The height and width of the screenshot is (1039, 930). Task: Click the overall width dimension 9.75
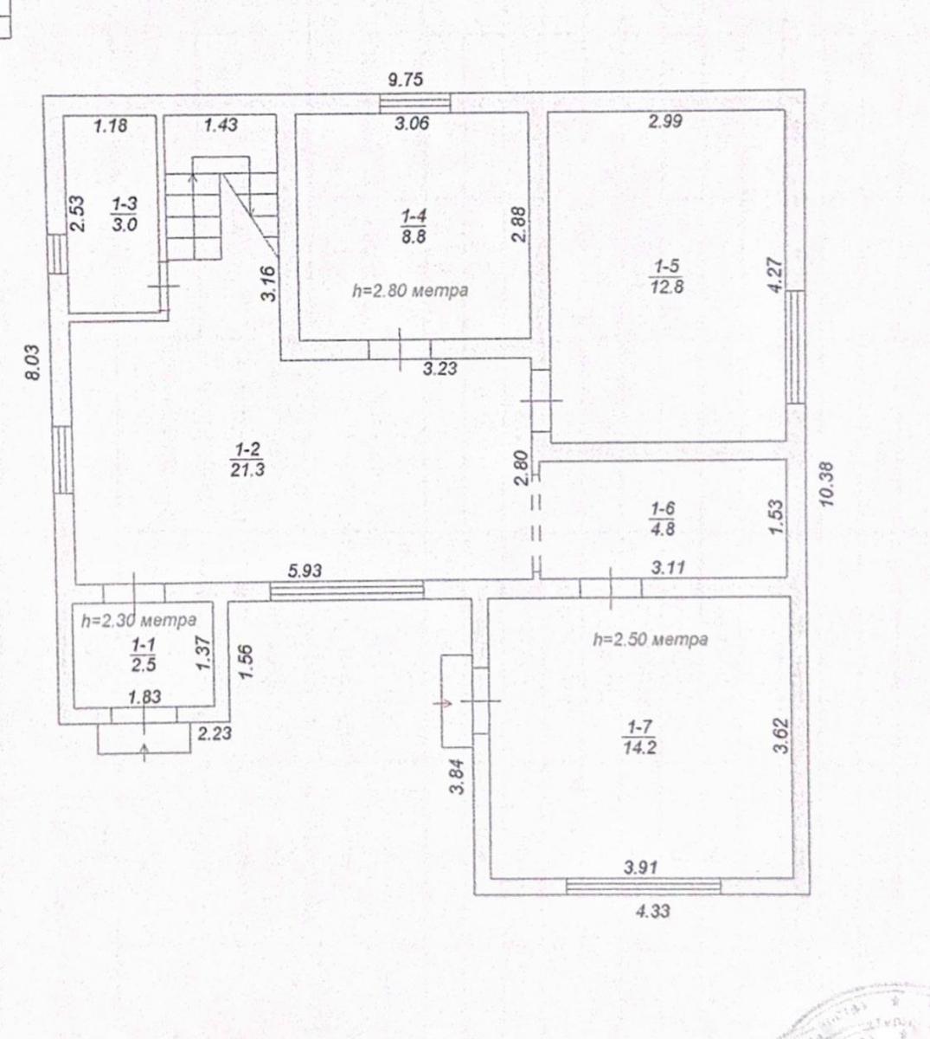click(x=405, y=80)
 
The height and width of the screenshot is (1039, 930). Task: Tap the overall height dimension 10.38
click(x=827, y=484)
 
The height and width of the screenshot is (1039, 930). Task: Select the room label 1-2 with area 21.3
click(x=247, y=460)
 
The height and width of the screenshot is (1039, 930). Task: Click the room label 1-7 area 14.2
click(x=639, y=737)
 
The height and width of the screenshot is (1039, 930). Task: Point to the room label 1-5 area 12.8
click(x=667, y=276)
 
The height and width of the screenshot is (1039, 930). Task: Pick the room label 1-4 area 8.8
click(x=414, y=226)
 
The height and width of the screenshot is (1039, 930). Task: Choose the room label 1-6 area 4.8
click(x=663, y=519)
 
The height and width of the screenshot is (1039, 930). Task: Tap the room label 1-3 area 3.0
click(x=125, y=214)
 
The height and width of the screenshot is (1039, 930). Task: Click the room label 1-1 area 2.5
click(x=144, y=655)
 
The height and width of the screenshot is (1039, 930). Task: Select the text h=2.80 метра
click(x=410, y=291)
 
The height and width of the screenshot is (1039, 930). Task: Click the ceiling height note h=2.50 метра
click(x=651, y=640)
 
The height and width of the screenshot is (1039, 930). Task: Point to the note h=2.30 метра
click(x=139, y=620)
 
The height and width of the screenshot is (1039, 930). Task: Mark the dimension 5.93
click(x=305, y=571)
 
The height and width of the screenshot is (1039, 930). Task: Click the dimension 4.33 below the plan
click(x=653, y=912)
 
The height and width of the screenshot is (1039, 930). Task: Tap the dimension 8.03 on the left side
click(x=32, y=363)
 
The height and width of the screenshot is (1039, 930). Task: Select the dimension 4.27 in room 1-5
click(x=776, y=275)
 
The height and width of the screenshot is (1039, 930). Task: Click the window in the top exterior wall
click(x=415, y=103)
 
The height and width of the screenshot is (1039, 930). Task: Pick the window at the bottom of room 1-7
click(x=644, y=886)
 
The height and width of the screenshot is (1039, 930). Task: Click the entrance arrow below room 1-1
click(x=144, y=752)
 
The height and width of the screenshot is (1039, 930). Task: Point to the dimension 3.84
click(x=457, y=777)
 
